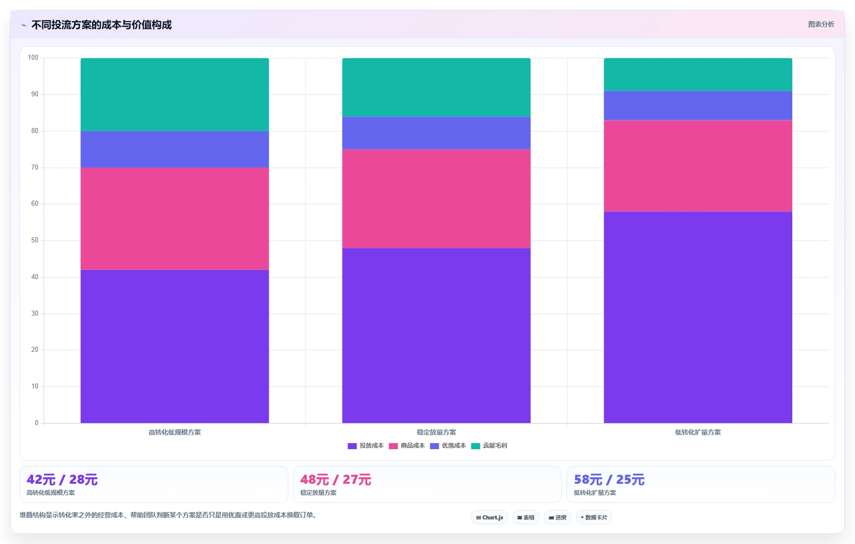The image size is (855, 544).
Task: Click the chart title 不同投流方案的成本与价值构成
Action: point(101,25)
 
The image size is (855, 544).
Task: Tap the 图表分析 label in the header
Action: point(821,25)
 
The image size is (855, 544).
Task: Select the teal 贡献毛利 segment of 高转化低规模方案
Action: point(175,95)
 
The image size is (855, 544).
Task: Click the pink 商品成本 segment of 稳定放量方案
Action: point(436,199)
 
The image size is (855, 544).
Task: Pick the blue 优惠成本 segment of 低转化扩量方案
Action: point(698,105)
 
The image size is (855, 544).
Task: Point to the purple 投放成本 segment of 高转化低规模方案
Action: point(175,346)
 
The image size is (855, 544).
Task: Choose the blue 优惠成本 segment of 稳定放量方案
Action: point(436,133)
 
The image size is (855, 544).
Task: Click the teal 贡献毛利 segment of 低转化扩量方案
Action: point(698,74)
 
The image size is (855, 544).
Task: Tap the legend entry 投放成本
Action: point(366,446)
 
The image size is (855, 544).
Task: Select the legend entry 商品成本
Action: point(407,446)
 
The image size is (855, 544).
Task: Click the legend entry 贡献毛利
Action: point(489,446)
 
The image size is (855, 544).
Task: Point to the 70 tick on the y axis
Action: point(35,167)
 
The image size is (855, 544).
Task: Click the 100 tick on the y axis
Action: point(33,58)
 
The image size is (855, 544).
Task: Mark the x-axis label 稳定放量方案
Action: point(436,432)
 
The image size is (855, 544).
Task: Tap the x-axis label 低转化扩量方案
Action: point(698,432)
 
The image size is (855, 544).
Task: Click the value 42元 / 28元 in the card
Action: point(62,479)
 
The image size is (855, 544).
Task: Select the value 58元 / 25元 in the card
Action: point(609,479)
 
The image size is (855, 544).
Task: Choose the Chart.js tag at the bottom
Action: point(489,517)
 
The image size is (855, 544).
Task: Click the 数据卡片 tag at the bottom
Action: point(594,517)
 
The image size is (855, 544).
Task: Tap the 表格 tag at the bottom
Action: point(526,517)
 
